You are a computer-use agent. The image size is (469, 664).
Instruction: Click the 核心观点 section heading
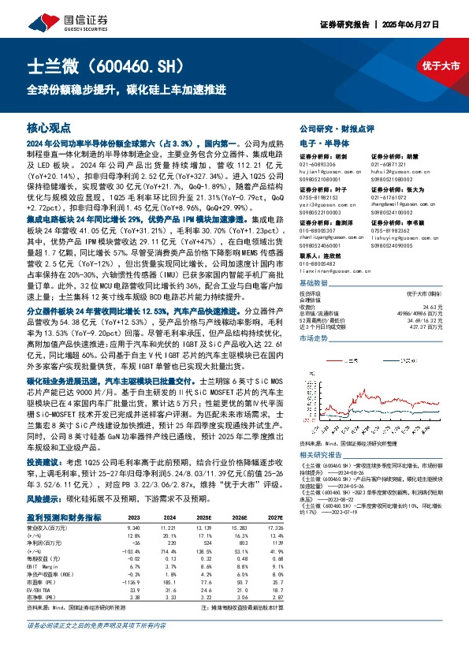[49, 127]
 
